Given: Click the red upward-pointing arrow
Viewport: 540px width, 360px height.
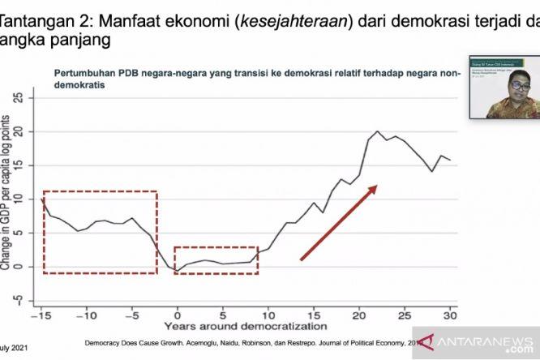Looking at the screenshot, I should pyautogui.click(x=338, y=222).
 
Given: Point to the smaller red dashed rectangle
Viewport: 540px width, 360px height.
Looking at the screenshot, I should pyautogui.click(x=216, y=260).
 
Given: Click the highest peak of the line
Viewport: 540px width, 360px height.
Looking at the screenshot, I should pyautogui.click(x=377, y=131).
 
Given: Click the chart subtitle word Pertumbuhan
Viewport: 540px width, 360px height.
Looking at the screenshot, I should pyautogui.click(x=86, y=73).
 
